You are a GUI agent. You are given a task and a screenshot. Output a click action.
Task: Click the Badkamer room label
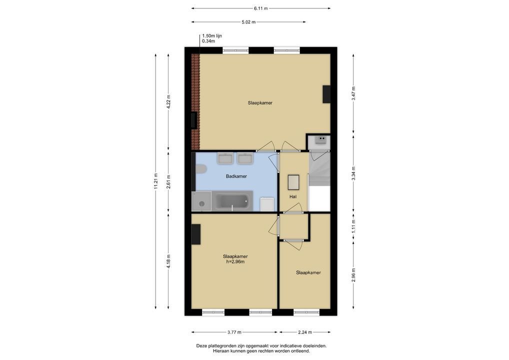pyautogui.click(x=236, y=176)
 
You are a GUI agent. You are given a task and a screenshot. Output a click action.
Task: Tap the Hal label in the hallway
pyautogui.click(x=293, y=196)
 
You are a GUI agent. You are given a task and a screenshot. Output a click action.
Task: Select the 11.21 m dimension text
pyautogui.click(x=156, y=181)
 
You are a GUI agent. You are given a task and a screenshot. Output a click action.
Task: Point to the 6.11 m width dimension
pyautogui.click(x=261, y=8)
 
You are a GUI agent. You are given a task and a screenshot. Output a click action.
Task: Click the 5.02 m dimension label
pyautogui.click(x=248, y=22)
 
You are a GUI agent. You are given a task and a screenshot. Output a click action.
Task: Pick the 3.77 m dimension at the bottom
pyautogui.click(x=234, y=332)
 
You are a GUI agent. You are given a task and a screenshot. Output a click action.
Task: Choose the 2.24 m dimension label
pyautogui.click(x=305, y=332)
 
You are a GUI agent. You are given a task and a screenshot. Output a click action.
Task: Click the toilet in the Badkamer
pyautogui.click(x=201, y=169)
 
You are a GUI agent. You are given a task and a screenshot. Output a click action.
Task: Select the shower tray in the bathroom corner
pyautogui.click(x=201, y=201)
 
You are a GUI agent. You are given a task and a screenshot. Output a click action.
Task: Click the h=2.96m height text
pyautogui.click(x=235, y=261)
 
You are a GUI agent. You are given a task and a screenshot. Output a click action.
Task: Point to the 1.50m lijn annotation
pyautogui.click(x=212, y=36)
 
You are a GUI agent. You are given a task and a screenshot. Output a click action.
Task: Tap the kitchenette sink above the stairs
pyautogui.click(x=321, y=139)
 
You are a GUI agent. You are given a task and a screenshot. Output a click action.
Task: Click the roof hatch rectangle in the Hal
pyautogui.click(x=293, y=182)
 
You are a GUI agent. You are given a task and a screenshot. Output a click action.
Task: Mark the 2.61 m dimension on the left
pyautogui.click(x=168, y=181)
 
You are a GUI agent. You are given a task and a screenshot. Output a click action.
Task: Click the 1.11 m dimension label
pyautogui.click(x=353, y=226)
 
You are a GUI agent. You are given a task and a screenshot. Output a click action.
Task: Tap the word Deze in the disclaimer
pyautogui.click(x=201, y=346)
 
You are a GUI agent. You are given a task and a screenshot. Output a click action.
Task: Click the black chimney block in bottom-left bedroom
pyautogui.click(x=195, y=234)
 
